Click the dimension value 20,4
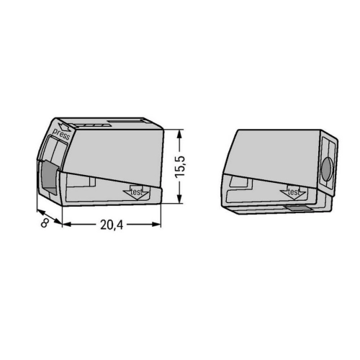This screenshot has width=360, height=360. (x=112, y=225)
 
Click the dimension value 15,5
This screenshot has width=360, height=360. (x=180, y=167)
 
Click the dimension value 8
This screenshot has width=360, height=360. (x=45, y=223)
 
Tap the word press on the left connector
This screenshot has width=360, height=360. (x=61, y=135)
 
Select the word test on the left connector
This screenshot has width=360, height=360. (x=136, y=192)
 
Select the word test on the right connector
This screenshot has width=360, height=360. (x=293, y=192)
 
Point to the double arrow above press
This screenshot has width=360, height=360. (x=65, y=127)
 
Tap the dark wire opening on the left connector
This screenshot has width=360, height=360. (x=50, y=177)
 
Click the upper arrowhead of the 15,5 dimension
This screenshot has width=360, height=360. (x=179, y=134)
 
